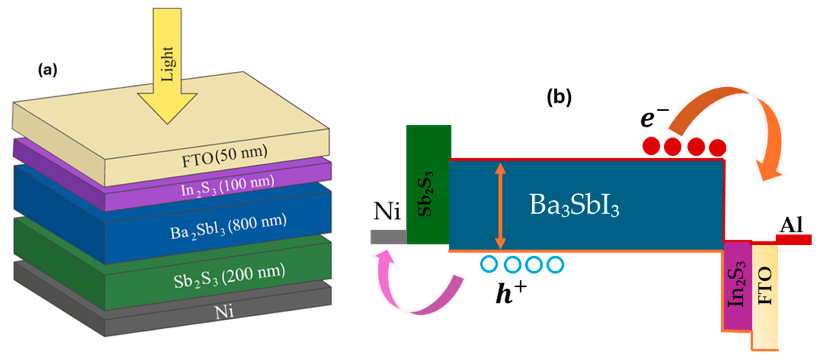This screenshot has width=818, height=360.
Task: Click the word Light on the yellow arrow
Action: [x=167, y=64]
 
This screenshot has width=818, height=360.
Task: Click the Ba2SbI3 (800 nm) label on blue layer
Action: [x=228, y=227]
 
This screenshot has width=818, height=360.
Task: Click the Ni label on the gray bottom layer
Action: [x=224, y=312]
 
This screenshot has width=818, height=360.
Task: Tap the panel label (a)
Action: [x=48, y=70]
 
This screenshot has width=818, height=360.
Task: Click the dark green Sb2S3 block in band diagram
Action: [x=429, y=184]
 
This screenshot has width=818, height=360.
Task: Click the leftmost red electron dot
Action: [x=651, y=146]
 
